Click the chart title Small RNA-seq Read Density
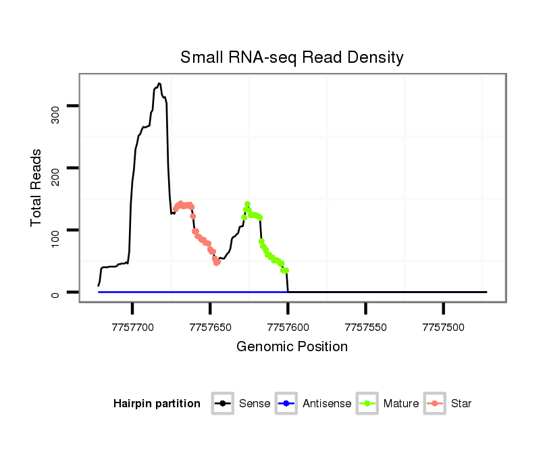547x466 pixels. pyautogui.click(x=292, y=57)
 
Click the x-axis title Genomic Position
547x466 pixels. pyautogui.click(x=292, y=347)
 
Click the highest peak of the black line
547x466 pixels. pyautogui.click(x=159, y=84)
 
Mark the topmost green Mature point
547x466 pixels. pyautogui.click(x=248, y=204)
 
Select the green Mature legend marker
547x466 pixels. pyautogui.click(x=367, y=404)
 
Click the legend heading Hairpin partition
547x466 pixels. pyautogui.click(x=157, y=404)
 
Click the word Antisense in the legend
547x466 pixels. pyautogui.click(x=327, y=404)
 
